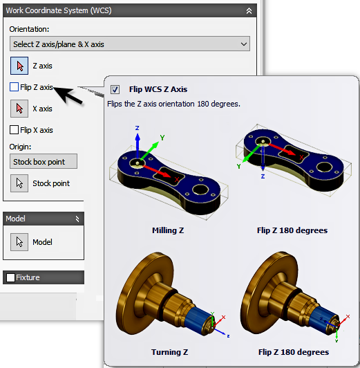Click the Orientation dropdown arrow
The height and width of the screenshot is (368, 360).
(x=244, y=44)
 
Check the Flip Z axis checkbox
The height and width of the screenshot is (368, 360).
(x=14, y=87)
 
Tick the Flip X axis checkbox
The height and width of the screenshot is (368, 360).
(x=14, y=130)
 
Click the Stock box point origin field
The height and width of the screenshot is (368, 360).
(x=44, y=161)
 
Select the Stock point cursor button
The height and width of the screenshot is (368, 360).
(x=19, y=183)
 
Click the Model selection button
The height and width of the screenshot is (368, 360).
(x=19, y=242)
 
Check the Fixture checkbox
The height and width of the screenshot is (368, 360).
(x=10, y=277)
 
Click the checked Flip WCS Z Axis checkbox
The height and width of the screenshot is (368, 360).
(x=115, y=89)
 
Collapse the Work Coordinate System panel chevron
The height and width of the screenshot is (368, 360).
(x=249, y=11)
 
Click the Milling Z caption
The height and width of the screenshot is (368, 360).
(x=168, y=230)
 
